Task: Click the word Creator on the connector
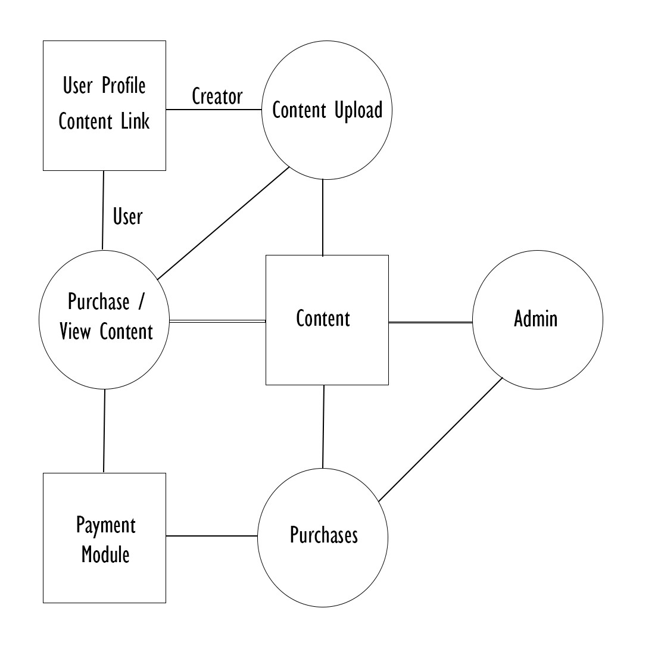tap(217, 96)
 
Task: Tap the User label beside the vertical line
tap(127, 217)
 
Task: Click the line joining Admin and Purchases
tap(441, 439)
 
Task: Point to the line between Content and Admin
tap(431, 323)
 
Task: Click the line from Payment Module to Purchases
tap(211, 536)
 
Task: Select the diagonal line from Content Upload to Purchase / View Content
tap(223, 223)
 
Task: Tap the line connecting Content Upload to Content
tap(323, 217)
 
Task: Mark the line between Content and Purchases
tap(323, 426)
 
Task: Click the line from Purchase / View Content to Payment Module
tap(104, 431)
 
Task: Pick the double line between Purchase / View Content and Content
tap(217, 321)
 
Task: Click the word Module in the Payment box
tap(105, 554)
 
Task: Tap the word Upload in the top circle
tap(358, 110)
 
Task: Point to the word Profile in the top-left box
tap(124, 86)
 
